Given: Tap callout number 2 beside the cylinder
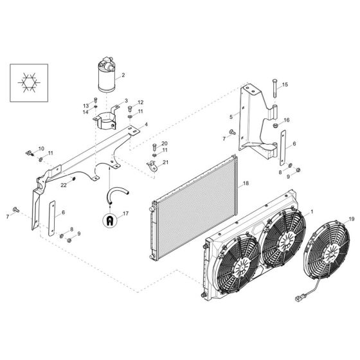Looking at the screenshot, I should pos(123,75).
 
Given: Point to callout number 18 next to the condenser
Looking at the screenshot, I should pos(245,184).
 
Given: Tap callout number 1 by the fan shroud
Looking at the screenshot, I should pos(312,212).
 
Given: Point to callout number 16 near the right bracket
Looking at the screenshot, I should pos(287,120).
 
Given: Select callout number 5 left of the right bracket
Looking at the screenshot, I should pos(230,117).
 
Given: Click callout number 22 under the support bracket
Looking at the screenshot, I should pos(64,185).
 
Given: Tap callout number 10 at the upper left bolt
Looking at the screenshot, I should pos(41,148).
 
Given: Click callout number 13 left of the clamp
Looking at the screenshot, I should pos(85,105).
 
